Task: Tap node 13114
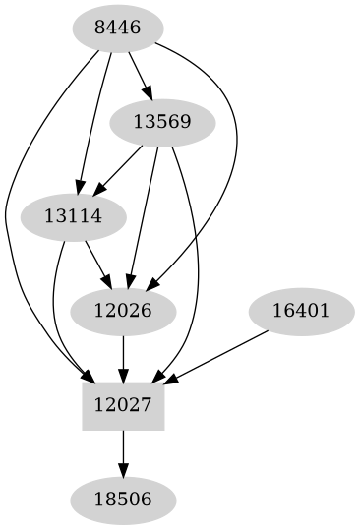coord(74,215)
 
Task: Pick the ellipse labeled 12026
coord(123,312)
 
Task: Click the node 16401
coord(299,312)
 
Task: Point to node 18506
coord(123,499)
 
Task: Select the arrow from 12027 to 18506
coord(123,452)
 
